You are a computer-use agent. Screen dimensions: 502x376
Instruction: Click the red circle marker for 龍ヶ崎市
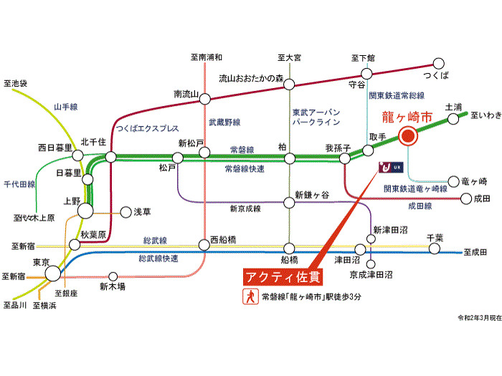click(x=408, y=136)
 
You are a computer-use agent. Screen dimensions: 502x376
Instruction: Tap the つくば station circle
click(x=439, y=64)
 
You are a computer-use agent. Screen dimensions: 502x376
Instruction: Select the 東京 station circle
click(x=53, y=274)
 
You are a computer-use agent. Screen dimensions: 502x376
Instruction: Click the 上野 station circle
click(x=85, y=211)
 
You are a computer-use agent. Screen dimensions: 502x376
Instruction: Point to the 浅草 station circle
click(x=126, y=212)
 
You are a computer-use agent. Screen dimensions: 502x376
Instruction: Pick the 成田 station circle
click(x=466, y=198)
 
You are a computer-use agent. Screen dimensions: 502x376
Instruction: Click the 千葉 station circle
click(x=435, y=249)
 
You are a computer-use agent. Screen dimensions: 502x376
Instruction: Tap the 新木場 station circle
click(x=113, y=276)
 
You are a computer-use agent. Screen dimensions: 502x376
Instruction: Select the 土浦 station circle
click(x=453, y=119)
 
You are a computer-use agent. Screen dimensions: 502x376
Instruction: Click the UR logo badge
click(x=391, y=167)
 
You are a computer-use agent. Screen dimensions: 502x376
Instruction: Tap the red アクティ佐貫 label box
click(x=283, y=277)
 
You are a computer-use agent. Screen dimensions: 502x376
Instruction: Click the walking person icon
click(x=250, y=297)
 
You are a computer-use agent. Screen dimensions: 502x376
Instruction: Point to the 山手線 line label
click(x=66, y=107)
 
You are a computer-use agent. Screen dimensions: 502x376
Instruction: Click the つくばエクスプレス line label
click(x=147, y=128)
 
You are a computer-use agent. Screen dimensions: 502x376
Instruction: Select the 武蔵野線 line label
click(x=224, y=122)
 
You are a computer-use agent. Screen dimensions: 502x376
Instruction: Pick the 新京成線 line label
click(x=245, y=209)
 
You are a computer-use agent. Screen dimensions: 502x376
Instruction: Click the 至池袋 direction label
click(x=15, y=84)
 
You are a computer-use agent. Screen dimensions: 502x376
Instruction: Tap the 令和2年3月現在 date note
click(x=480, y=318)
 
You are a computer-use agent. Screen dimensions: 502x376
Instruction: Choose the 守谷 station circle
click(x=366, y=74)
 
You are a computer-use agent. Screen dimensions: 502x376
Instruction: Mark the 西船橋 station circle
click(x=204, y=245)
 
